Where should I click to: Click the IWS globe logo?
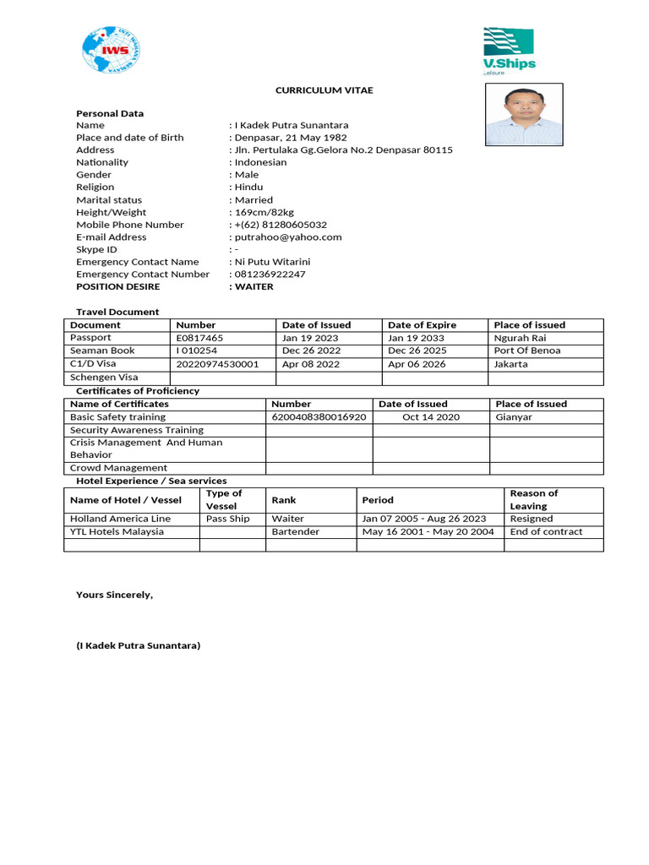pyautogui.click(x=112, y=50)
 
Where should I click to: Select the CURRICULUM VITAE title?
pyautogui.click(x=324, y=90)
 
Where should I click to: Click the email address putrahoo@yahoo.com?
pyautogui.click(x=288, y=237)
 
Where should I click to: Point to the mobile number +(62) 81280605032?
pyautogui.click(x=281, y=225)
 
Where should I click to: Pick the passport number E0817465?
pyautogui.click(x=199, y=338)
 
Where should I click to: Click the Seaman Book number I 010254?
pyautogui.click(x=196, y=351)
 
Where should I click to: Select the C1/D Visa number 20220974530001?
pyautogui.click(x=217, y=364)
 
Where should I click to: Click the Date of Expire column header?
pyautogui.click(x=422, y=325)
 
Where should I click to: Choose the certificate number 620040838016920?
pyautogui.click(x=319, y=417)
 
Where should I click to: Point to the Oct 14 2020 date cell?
pyautogui.click(x=431, y=417)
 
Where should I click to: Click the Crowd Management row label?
pyautogui.click(x=118, y=468)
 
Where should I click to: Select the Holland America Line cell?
pyautogui.click(x=120, y=519)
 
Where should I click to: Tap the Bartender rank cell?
pyautogui.click(x=296, y=532)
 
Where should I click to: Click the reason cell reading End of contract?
pyautogui.click(x=546, y=532)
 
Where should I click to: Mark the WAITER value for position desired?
pyautogui.click(x=254, y=286)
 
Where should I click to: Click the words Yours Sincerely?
pyautogui.click(x=115, y=595)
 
